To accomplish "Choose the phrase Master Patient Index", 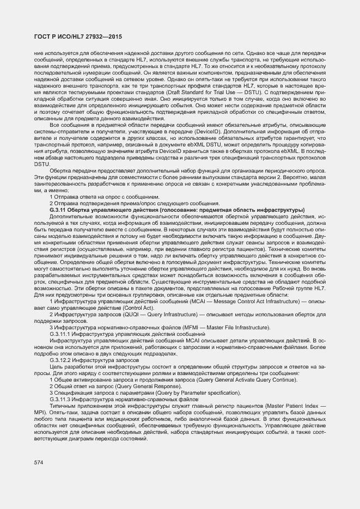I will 297,406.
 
